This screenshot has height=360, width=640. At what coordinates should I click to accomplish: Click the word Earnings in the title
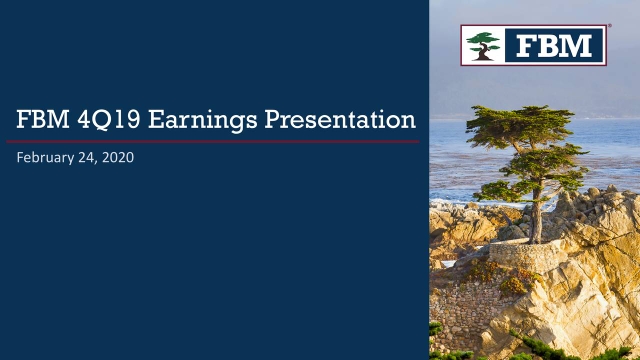[183, 122]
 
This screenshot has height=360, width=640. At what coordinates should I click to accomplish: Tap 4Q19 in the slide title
[97, 122]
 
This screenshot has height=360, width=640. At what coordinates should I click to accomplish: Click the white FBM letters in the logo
[555, 45]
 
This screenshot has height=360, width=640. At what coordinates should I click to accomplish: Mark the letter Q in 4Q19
[92, 122]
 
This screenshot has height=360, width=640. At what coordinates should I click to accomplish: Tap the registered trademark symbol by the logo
[609, 29]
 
